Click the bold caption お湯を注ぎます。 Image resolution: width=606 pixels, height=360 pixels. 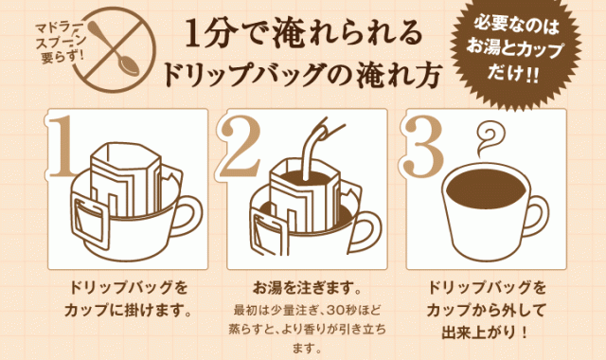coord(303,286)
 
